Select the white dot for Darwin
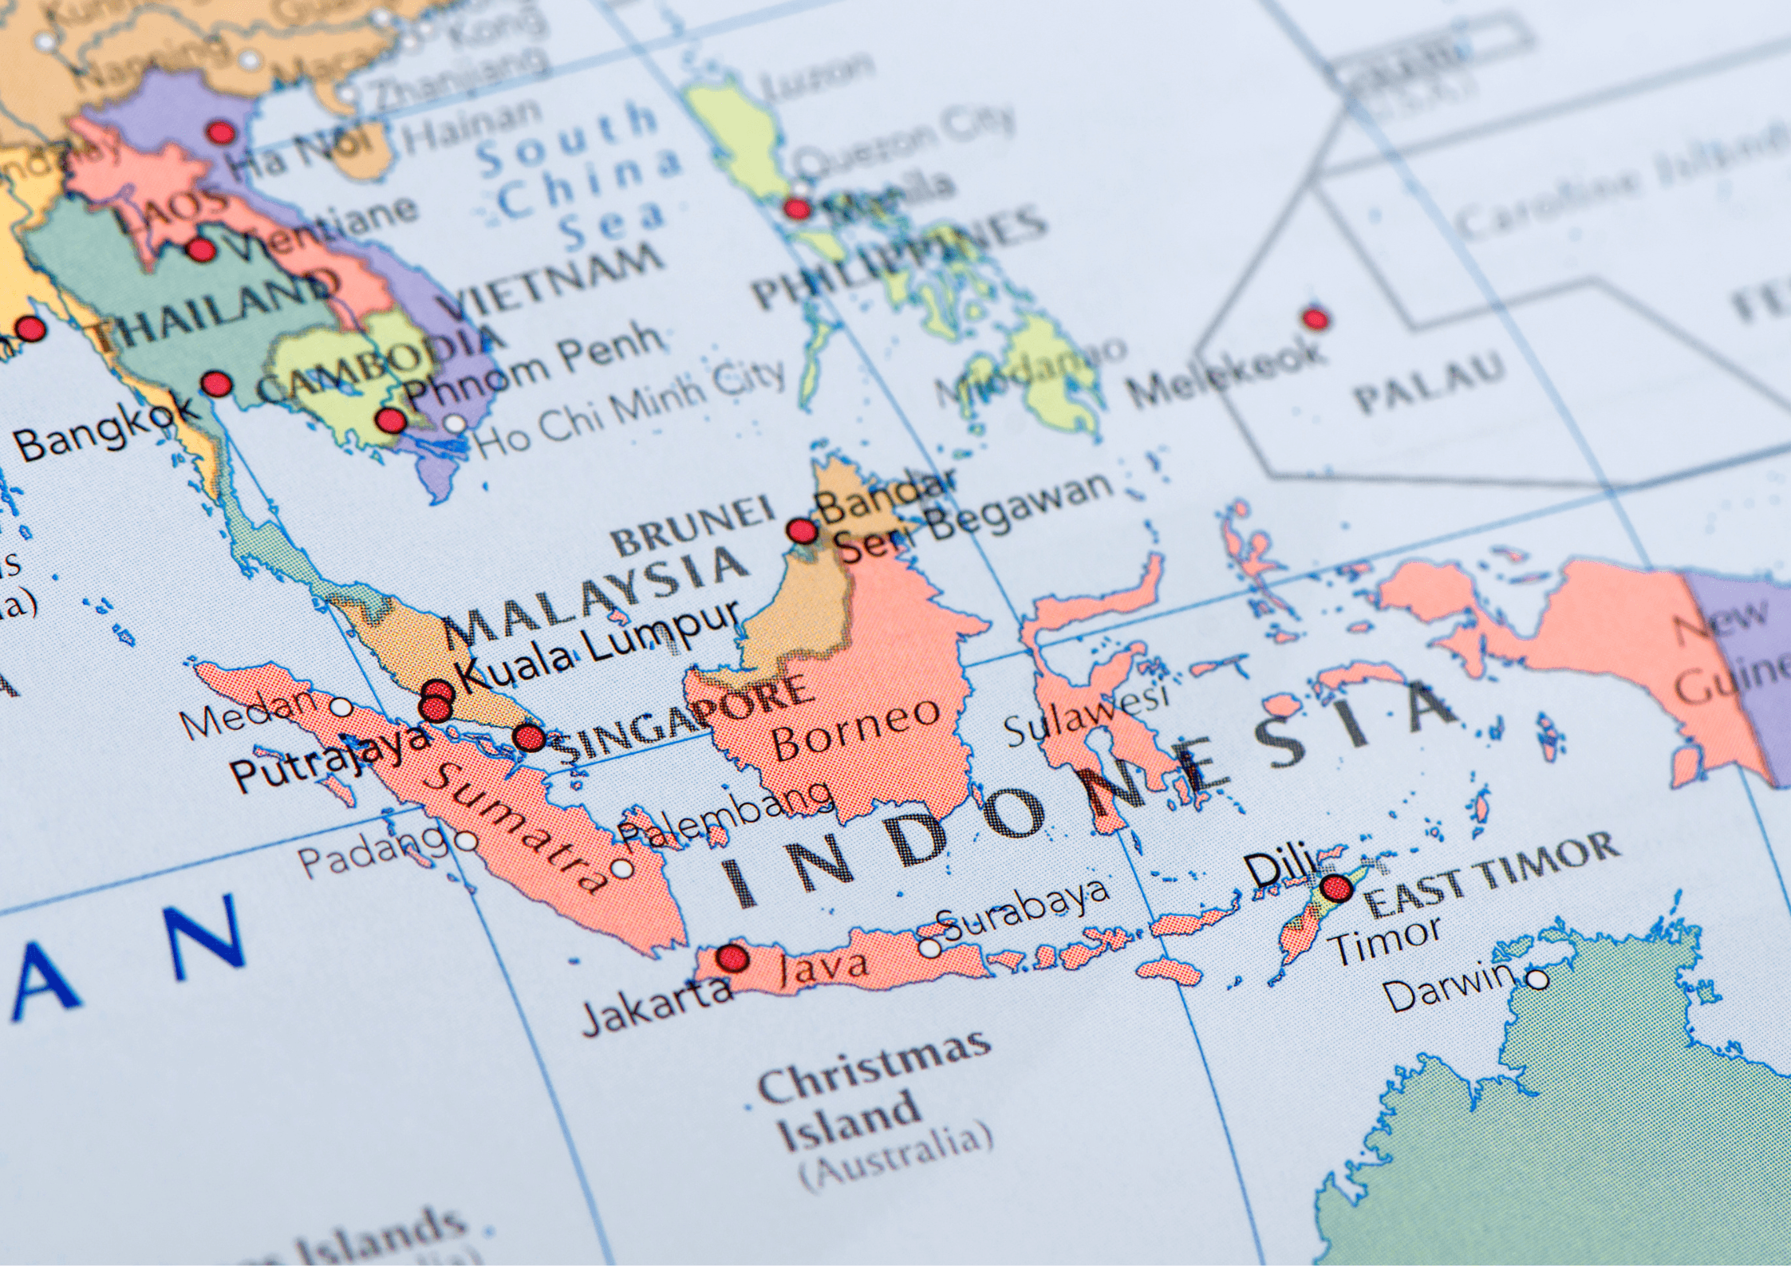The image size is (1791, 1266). (1537, 979)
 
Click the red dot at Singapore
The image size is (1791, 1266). (528, 738)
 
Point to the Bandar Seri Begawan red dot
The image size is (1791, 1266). (802, 530)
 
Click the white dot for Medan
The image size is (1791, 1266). (341, 707)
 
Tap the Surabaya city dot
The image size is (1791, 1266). (929, 947)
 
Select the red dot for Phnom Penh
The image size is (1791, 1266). (390, 420)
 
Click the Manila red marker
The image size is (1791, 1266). (796, 209)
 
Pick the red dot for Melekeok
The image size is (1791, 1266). (1316, 319)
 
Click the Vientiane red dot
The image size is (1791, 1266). (200, 250)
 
